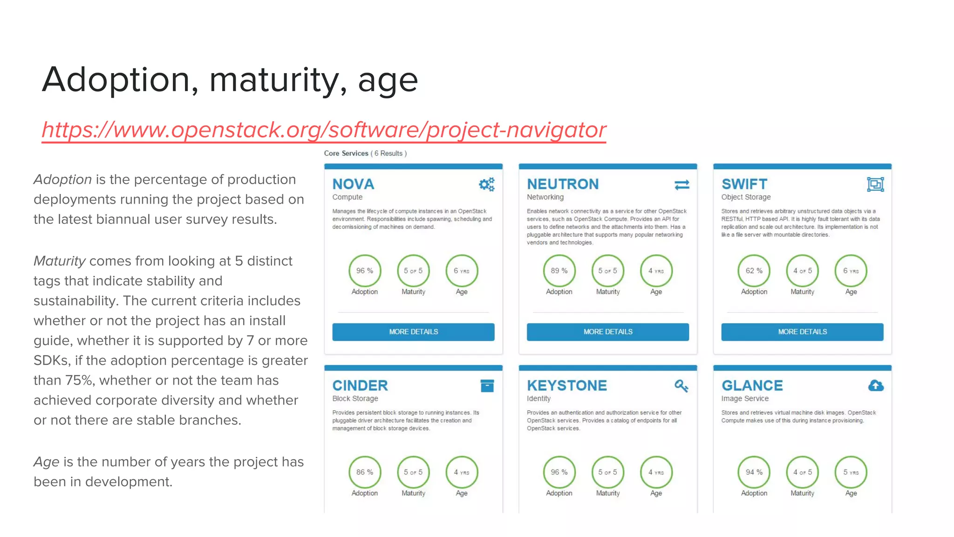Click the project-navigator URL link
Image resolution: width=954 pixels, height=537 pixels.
coord(324,130)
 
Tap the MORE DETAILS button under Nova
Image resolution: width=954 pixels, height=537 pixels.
coord(413,332)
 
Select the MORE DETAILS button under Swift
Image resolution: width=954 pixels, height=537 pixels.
coord(802,332)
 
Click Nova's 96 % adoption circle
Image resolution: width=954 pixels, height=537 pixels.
coord(365,271)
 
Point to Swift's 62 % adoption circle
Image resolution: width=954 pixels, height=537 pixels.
coord(754,271)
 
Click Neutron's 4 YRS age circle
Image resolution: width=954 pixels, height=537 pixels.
coord(656,271)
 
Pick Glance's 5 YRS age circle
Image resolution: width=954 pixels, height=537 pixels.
coord(851,472)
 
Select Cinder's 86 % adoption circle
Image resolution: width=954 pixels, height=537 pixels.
coord(365,472)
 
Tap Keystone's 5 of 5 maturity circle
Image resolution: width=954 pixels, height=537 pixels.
coord(607,472)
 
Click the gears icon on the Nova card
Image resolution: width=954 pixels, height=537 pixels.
coord(487,185)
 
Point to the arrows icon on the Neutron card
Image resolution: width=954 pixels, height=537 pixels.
coord(681,185)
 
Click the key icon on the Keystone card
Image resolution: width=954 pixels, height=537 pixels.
coord(681,386)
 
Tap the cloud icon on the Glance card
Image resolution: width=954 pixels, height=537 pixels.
coord(876,386)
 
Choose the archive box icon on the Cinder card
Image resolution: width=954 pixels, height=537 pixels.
coord(487,386)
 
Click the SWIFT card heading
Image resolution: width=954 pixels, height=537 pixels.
coord(744,184)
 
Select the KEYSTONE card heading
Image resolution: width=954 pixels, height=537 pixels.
coord(567,386)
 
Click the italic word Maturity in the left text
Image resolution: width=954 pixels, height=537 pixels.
coord(60,261)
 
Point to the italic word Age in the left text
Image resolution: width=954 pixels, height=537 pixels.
coord(46,462)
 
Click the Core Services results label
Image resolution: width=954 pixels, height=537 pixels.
coord(365,153)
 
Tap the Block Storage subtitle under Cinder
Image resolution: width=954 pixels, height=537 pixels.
coord(355,399)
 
